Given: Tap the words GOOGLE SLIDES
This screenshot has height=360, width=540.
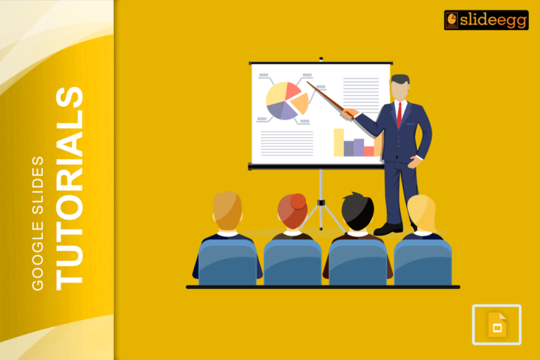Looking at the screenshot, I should (x=38, y=222).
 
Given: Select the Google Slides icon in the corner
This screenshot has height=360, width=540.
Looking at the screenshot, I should (x=496, y=325).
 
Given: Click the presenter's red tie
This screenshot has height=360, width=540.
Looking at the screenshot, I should (x=399, y=113).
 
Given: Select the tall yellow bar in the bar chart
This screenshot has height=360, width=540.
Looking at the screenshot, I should (x=338, y=142).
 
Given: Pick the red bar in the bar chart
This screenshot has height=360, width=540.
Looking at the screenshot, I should (x=368, y=150).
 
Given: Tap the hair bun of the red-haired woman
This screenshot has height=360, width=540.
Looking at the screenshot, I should (x=298, y=201).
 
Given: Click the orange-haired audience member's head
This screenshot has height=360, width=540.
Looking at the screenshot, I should (x=227, y=210).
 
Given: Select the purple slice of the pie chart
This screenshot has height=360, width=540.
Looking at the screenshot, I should (x=281, y=110).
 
